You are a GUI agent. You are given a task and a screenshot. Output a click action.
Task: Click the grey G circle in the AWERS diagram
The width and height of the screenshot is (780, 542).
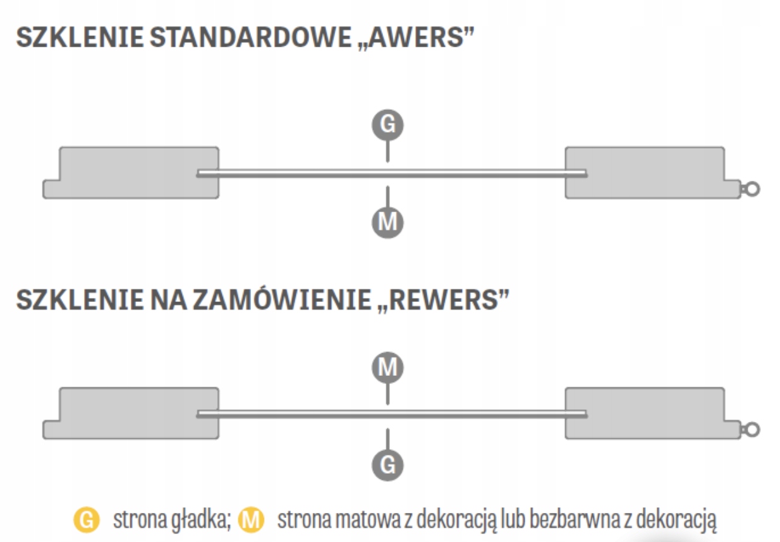point(387,125)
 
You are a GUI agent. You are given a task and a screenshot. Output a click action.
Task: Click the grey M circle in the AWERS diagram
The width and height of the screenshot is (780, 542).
point(387,222)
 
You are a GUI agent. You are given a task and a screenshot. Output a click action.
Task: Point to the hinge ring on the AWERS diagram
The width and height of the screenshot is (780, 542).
point(752,188)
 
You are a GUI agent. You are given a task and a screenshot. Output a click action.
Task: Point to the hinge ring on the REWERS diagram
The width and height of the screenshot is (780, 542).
point(752,430)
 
